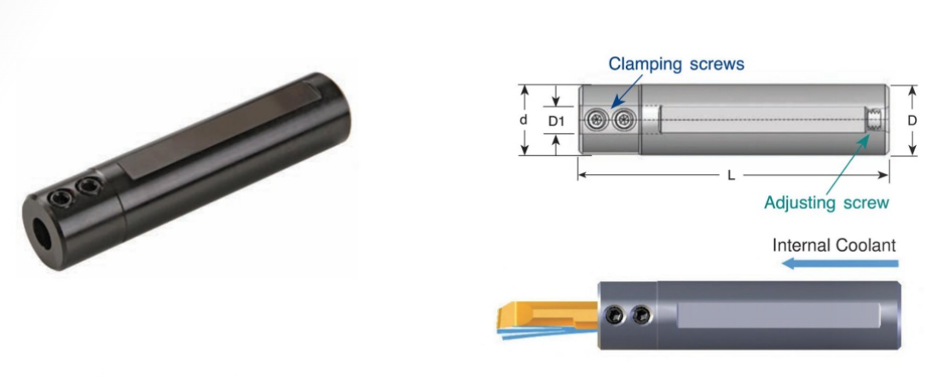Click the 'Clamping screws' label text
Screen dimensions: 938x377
click(676, 64)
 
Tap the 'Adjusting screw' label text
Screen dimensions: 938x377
click(827, 203)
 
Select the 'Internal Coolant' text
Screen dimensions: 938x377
click(835, 246)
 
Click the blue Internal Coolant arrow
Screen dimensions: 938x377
click(841, 263)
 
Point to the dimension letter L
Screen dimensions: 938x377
click(731, 176)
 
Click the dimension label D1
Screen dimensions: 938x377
click(556, 121)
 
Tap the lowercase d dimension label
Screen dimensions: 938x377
click(524, 120)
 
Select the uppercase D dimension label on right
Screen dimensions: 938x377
click(912, 121)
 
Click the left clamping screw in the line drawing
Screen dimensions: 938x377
click(597, 121)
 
